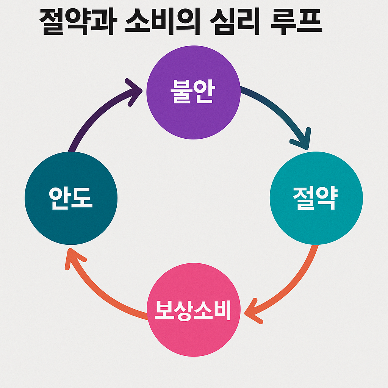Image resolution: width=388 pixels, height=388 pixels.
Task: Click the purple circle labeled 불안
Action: (193, 114)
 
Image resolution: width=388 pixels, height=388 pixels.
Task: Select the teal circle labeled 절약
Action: (316, 220)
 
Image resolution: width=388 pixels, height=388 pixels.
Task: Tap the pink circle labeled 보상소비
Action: (193, 330)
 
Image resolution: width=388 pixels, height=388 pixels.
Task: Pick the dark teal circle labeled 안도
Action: (71, 220)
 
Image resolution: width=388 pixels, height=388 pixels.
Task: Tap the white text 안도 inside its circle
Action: (71, 198)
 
